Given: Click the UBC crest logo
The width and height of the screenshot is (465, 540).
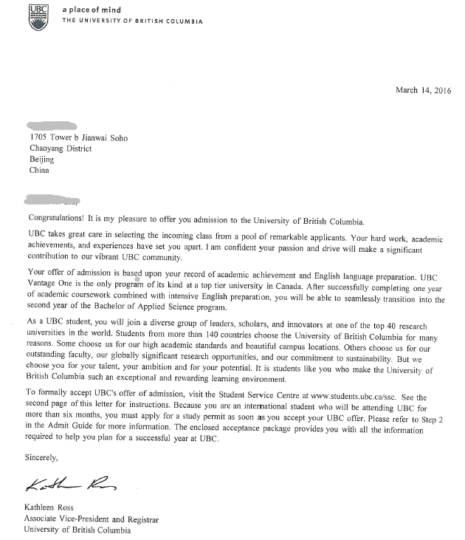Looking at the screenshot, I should [37, 16].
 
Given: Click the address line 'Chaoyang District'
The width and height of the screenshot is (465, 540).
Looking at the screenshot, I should [61, 148].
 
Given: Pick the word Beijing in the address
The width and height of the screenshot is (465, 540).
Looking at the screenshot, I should [42, 159].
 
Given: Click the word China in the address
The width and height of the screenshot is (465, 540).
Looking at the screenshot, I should [40, 170].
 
